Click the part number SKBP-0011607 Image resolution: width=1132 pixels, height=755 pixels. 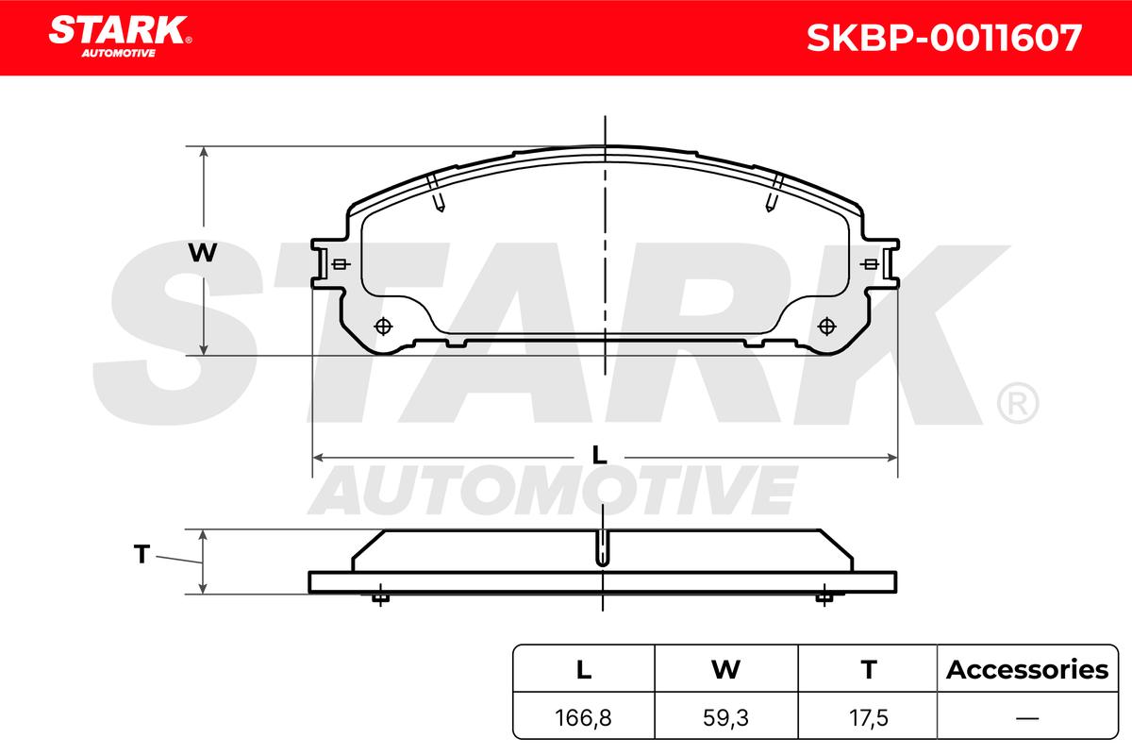click(x=944, y=38)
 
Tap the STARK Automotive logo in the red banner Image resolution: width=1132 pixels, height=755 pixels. click(x=120, y=37)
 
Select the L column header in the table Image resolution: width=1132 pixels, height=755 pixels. click(x=584, y=670)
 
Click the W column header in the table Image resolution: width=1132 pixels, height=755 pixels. click(x=725, y=670)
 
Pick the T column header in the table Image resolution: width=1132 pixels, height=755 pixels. click(x=869, y=670)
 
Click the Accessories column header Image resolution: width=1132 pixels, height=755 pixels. click(x=1027, y=670)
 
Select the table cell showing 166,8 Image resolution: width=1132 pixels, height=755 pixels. click(x=583, y=718)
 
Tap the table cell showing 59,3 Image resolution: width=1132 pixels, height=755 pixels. click(x=725, y=718)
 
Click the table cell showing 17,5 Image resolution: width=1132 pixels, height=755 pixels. click(x=869, y=718)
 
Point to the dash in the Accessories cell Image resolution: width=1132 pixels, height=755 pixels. click(x=1027, y=718)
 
